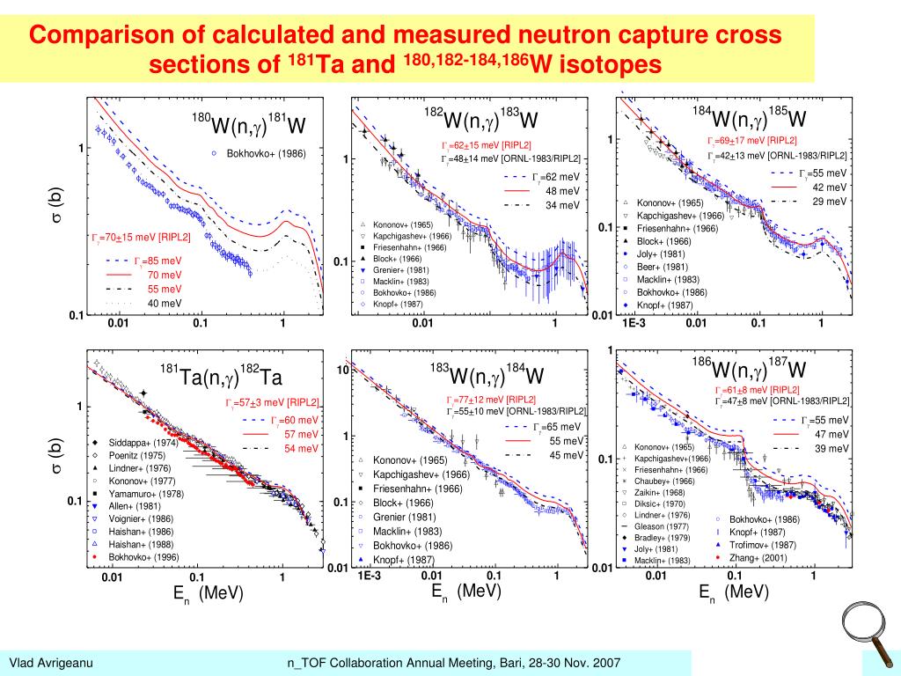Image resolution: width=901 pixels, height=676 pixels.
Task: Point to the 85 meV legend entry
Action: click(x=158, y=261)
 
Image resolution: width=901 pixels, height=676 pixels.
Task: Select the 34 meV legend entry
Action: click(x=562, y=206)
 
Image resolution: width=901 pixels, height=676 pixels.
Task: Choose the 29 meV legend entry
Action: click(x=829, y=202)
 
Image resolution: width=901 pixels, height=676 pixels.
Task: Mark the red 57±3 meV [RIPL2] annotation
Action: click(x=272, y=403)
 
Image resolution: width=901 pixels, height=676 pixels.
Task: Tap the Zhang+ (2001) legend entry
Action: click(x=757, y=558)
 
